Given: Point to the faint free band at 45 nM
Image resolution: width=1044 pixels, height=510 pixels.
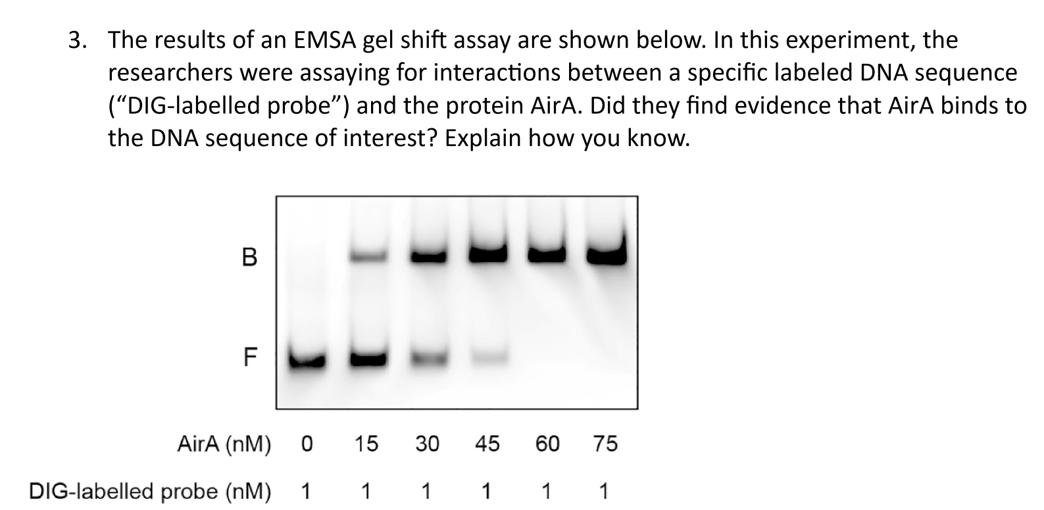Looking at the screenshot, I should [x=487, y=357].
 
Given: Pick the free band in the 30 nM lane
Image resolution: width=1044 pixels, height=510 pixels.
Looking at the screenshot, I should [x=428, y=358].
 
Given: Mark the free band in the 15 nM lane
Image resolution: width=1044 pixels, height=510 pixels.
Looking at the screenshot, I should [x=367, y=359].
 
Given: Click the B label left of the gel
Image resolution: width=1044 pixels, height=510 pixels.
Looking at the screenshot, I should [x=249, y=257].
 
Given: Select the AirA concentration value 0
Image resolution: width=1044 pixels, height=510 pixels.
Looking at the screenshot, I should [x=307, y=445].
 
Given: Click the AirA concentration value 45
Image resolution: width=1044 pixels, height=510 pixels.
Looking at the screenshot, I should [x=487, y=445].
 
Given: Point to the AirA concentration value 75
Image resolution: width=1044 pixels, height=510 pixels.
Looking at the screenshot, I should [x=605, y=445].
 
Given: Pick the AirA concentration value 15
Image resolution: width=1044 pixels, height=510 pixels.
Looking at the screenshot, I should [x=366, y=445].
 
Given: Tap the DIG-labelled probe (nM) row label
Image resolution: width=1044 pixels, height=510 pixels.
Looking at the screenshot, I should [x=149, y=492].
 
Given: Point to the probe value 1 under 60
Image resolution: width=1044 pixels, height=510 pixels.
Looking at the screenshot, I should [x=545, y=492].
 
